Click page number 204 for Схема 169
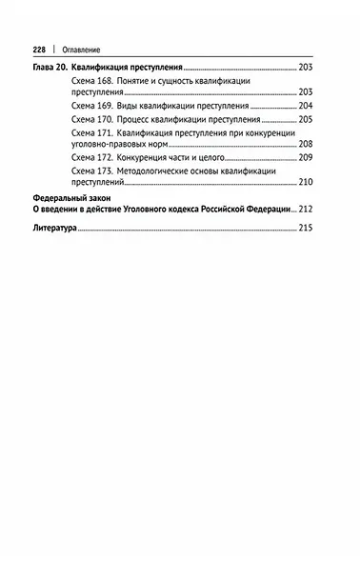305,107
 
